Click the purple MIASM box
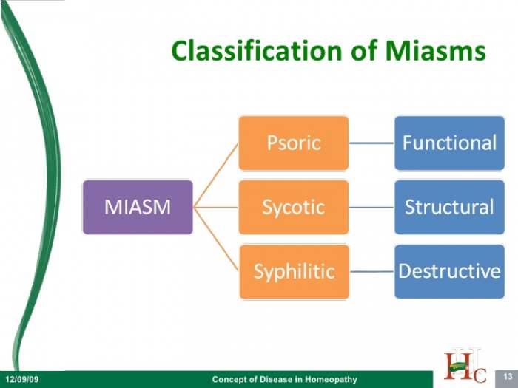(138, 207)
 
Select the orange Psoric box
(294, 143)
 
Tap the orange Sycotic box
(294, 207)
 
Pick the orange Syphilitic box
(294, 271)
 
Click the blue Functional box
(450, 143)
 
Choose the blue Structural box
(450, 207)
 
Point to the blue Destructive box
(450, 271)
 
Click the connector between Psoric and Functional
(371, 143)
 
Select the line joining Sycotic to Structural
(371, 208)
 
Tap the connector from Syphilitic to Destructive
(372, 271)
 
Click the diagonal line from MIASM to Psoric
(216, 176)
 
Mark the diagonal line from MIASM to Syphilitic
(216, 239)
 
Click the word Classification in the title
(257, 50)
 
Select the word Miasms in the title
(435, 50)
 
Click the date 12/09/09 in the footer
(21, 378)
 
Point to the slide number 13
(508, 376)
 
